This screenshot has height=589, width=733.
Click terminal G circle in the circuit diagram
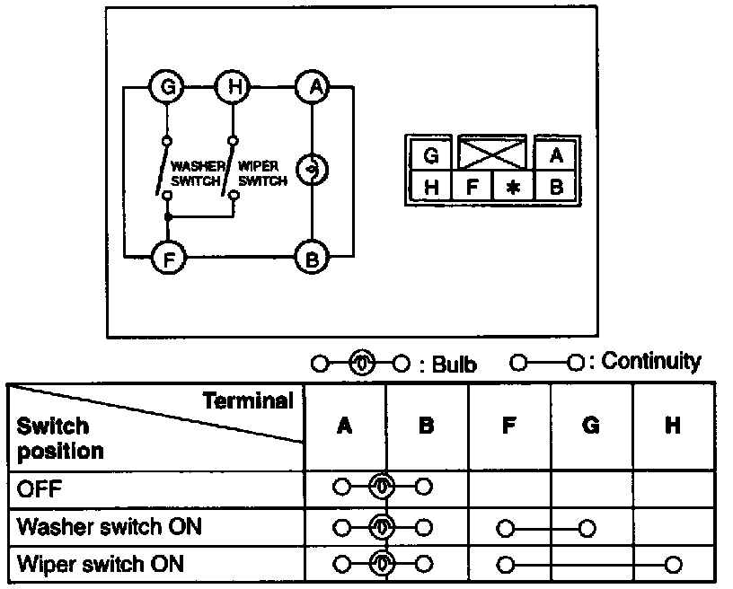click(x=167, y=87)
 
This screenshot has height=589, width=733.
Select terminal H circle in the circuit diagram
click(x=233, y=87)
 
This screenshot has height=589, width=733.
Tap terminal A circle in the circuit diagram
click(x=313, y=87)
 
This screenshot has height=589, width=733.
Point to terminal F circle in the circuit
click(x=169, y=257)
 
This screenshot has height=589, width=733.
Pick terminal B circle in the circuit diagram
click(x=313, y=257)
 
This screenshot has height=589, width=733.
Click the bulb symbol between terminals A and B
click(x=313, y=170)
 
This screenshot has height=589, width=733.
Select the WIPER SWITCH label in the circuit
click(x=261, y=173)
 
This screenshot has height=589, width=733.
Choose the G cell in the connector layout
click(x=430, y=154)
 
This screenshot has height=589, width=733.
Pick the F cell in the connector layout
click(x=472, y=187)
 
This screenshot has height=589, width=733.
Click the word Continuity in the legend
click(x=650, y=361)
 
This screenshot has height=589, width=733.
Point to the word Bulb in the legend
click(x=454, y=365)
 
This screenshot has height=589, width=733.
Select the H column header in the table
click(x=673, y=426)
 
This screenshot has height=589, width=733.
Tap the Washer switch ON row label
click(x=110, y=527)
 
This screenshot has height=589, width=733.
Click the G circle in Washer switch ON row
click(x=587, y=528)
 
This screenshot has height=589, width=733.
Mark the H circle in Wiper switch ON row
click(x=673, y=565)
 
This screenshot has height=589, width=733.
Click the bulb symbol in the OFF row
click(x=382, y=487)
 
